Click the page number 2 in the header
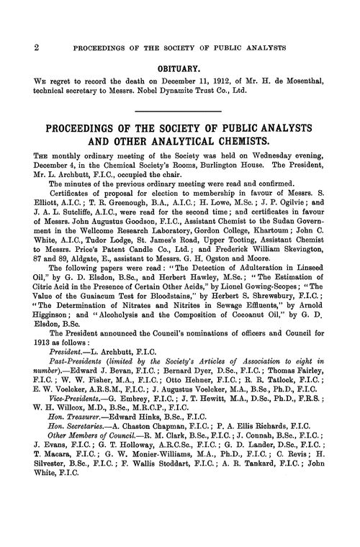click(15, 48)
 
